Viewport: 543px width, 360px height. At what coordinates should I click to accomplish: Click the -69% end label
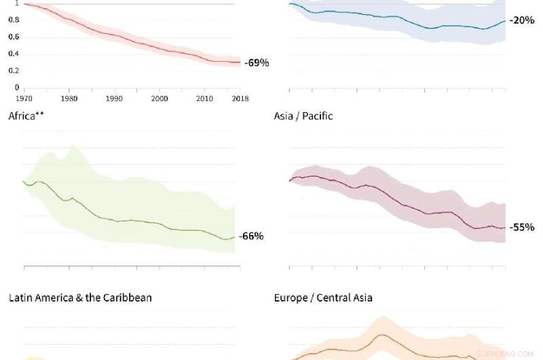click(x=257, y=63)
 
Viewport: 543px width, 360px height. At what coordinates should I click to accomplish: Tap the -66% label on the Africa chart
click(x=251, y=236)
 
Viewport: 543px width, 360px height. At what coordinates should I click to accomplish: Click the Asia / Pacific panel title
click(x=303, y=116)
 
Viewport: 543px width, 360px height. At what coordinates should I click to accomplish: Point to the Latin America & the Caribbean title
click(x=80, y=298)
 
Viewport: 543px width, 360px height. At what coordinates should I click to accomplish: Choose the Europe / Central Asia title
click(x=323, y=298)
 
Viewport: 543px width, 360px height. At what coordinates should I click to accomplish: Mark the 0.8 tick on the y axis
click(x=14, y=20)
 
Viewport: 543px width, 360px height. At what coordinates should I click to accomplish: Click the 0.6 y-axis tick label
click(x=14, y=37)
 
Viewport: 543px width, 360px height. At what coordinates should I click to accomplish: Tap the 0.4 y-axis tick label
click(x=14, y=54)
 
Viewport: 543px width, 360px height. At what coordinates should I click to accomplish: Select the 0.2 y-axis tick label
click(x=14, y=71)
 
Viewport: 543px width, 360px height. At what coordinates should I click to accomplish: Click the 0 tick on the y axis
click(x=16, y=88)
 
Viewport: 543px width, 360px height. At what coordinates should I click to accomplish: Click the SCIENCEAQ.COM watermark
click(x=500, y=354)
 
